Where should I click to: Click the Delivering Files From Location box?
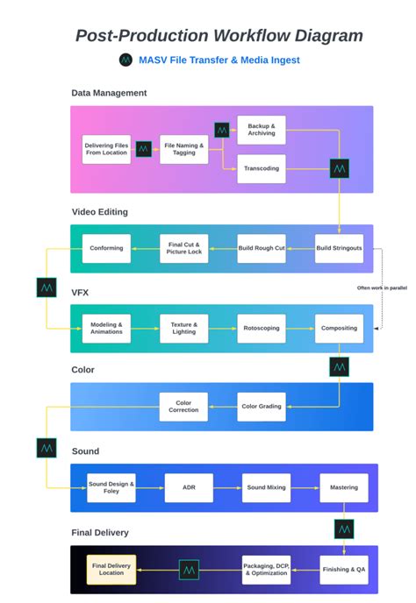(106, 149)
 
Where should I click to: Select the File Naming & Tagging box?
(184, 149)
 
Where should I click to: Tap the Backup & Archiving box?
(261, 130)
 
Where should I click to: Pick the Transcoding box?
(261, 169)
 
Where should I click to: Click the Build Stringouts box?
(339, 248)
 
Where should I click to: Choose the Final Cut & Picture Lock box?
(184, 248)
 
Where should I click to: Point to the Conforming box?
(106, 248)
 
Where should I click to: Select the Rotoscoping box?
(262, 328)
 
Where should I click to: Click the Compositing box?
(339, 328)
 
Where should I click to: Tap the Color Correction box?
(184, 407)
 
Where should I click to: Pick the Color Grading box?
(262, 407)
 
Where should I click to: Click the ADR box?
(189, 487)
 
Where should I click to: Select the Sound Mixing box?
(266, 487)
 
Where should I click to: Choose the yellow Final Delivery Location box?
(111, 569)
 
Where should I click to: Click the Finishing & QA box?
(344, 569)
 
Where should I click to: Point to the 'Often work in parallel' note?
(381, 287)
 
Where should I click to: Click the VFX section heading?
(81, 291)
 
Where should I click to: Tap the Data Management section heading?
(109, 93)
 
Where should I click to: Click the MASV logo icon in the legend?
(126, 60)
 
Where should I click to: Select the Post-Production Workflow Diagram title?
(219, 36)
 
